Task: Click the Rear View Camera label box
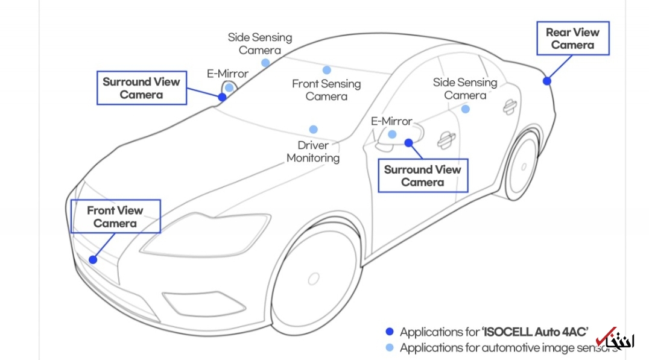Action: (x=573, y=39)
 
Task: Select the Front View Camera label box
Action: (x=116, y=216)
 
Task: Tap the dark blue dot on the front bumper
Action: (x=93, y=259)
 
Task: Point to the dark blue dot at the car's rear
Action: (x=546, y=81)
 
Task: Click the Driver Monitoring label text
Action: (x=313, y=151)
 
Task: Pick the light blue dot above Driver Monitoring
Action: (x=313, y=129)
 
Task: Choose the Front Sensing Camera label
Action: (x=326, y=90)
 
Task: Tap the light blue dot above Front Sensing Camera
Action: (x=326, y=70)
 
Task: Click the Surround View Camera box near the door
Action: (x=422, y=175)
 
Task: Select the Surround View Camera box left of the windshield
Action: (x=141, y=88)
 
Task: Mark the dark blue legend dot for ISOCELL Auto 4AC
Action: (x=389, y=332)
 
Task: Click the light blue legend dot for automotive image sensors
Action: (x=389, y=347)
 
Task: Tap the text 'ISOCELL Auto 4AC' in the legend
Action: (x=534, y=332)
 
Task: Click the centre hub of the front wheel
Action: (x=313, y=279)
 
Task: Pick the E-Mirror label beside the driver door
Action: (x=391, y=121)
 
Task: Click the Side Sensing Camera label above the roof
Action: (x=259, y=43)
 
